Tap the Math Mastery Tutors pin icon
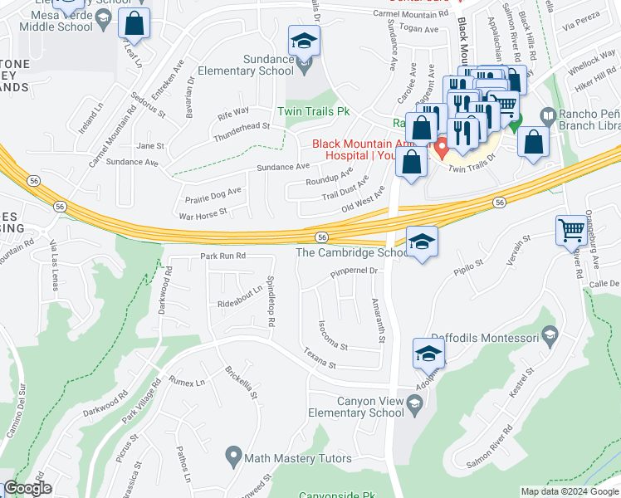pos(234,456)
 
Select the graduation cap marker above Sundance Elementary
pos(304,41)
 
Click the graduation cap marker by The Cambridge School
pos(422,242)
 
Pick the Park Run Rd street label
pos(222,256)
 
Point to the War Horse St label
pos(203,213)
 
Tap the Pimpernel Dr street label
pos(354,271)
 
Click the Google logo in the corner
pos(27,489)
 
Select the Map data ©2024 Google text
pos(569,491)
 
